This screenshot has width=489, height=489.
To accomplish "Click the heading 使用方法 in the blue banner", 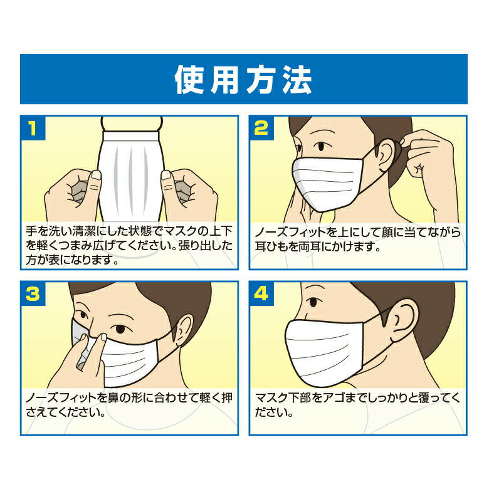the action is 243,80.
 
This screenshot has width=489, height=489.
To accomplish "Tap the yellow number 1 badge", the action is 33,128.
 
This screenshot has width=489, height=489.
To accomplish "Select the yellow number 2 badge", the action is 261,128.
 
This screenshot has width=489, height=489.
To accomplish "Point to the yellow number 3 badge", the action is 33,294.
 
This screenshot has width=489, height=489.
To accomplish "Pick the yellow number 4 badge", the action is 261,294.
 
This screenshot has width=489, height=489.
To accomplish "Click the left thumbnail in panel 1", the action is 96,175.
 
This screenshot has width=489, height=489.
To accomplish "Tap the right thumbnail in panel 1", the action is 166,175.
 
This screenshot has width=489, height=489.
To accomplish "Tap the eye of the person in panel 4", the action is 313,302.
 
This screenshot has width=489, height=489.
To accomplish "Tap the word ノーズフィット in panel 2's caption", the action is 290,233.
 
